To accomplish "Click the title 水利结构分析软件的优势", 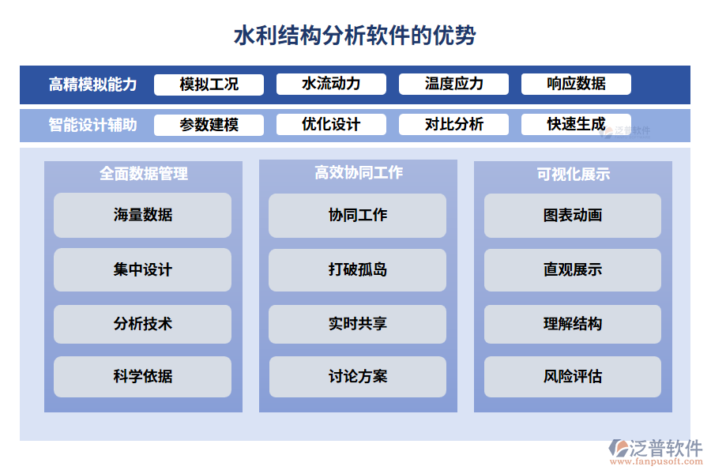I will [x=355, y=36].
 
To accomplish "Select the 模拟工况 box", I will [x=209, y=85].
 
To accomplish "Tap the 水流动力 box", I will [x=331, y=84].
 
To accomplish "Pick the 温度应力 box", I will [x=453, y=84].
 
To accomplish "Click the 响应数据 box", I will [x=576, y=84].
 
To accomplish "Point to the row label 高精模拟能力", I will [x=92, y=85].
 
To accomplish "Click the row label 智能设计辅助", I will [x=92, y=125].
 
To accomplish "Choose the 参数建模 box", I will [x=209, y=125].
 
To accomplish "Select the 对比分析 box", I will [x=453, y=124].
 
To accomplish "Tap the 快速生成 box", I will [x=576, y=124].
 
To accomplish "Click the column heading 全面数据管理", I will [x=143, y=174].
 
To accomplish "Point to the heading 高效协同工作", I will [x=358, y=172].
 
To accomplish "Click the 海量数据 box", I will [x=142, y=215].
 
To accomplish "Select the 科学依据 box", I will [x=142, y=377].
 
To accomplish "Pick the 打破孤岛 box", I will [x=357, y=269].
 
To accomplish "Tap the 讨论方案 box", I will [x=357, y=377].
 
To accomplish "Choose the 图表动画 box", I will [x=572, y=215].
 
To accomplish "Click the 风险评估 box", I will [x=572, y=377].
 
